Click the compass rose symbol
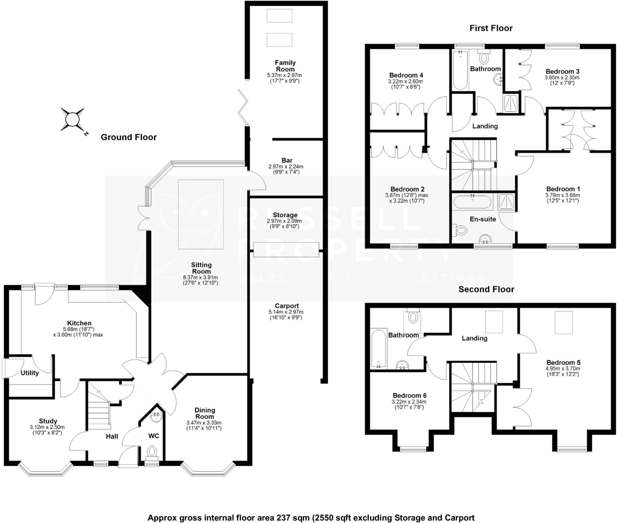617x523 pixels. tap(72, 120)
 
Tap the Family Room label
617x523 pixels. tap(285, 66)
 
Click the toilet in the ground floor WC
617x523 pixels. tap(152, 452)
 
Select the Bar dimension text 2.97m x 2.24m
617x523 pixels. tap(286, 166)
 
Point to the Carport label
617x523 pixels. tap(287, 306)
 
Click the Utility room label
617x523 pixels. tap(30, 373)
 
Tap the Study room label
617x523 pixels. tap(48, 421)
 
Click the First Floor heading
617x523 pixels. tap(491, 28)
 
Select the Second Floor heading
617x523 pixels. tap(486, 289)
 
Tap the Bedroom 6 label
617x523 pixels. tap(409, 396)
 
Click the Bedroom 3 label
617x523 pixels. tap(562, 71)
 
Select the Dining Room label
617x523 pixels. tap(205, 413)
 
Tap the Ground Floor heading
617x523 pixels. tap(129, 137)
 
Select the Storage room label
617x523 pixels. tap(285, 215)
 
